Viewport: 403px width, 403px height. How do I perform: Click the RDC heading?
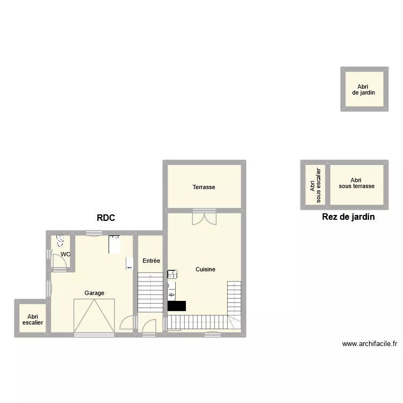click(106, 218)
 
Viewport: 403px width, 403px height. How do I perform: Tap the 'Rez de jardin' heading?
click(348, 217)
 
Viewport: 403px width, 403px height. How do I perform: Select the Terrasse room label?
click(204, 187)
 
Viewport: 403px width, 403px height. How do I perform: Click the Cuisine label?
click(205, 269)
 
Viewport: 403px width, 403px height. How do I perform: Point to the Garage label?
click(94, 293)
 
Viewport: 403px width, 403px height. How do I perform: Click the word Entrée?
click(151, 261)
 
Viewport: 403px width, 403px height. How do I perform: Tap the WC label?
click(65, 254)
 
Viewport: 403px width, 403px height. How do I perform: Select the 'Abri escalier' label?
click(32, 320)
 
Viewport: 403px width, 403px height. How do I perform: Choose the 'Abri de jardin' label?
click(363, 89)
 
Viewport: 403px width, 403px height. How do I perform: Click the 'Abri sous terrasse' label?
click(356, 183)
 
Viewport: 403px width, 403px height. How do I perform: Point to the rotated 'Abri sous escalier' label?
click(315, 185)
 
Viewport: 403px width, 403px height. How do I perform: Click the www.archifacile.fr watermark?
click(369, 344)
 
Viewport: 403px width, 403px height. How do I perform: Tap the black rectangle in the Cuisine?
click(177, 306)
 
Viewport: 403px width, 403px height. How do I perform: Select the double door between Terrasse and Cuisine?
click(204, 218)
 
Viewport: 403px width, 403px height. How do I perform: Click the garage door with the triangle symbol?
click(94, 317)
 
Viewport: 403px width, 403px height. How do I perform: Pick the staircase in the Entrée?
click(150, 292)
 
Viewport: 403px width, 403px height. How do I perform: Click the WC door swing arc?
click(61, 261)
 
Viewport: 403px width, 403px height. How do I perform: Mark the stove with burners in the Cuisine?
click(172, 274)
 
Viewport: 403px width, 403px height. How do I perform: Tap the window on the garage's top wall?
click(94, 233)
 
